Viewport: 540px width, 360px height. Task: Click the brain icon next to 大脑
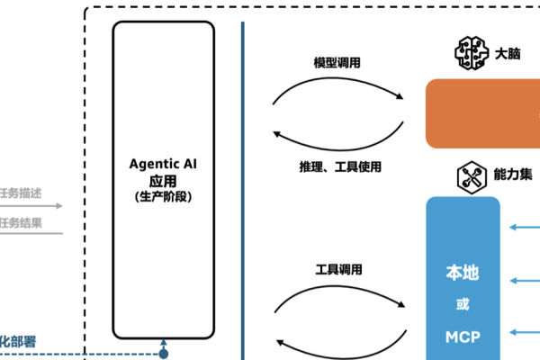point(472,53)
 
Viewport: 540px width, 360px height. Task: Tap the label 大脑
point(508,53)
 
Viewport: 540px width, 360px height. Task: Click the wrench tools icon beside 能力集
point(472,175)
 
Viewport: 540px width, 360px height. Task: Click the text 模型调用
point(337,63)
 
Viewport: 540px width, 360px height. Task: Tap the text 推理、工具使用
point(341,166)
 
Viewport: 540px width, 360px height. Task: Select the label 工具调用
point(338,269)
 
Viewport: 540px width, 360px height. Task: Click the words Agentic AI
point(163,165)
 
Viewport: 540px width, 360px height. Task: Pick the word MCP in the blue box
point(463,337)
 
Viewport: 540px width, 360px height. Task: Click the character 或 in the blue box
point(463,304)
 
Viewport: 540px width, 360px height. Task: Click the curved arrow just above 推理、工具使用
point(337,142)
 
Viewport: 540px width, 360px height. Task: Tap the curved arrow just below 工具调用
point(337,293)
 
